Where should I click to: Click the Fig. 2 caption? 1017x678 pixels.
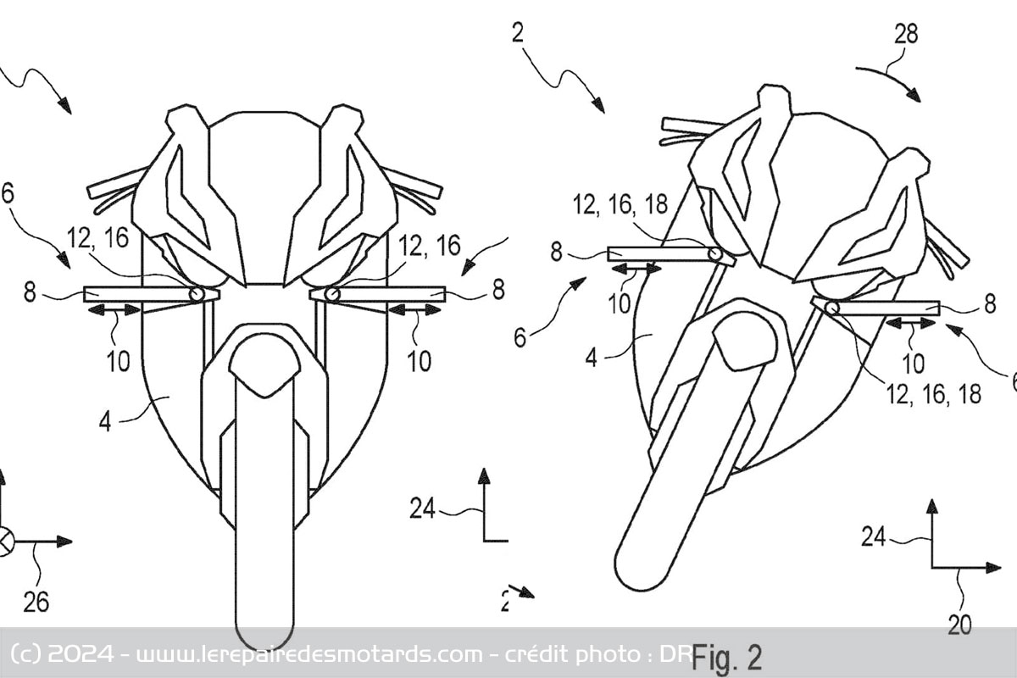point(727,657)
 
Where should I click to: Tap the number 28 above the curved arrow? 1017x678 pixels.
point(905,34)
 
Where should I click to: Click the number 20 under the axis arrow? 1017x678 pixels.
point(959,625)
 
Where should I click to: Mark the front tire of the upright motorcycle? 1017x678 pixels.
point(264,508)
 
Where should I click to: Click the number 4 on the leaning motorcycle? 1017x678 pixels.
point(592,358)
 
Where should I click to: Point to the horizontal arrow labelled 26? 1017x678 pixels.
point(42,541)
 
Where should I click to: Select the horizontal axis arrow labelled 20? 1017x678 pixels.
point(966,566)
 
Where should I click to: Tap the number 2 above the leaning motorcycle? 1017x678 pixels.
point(517,34)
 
